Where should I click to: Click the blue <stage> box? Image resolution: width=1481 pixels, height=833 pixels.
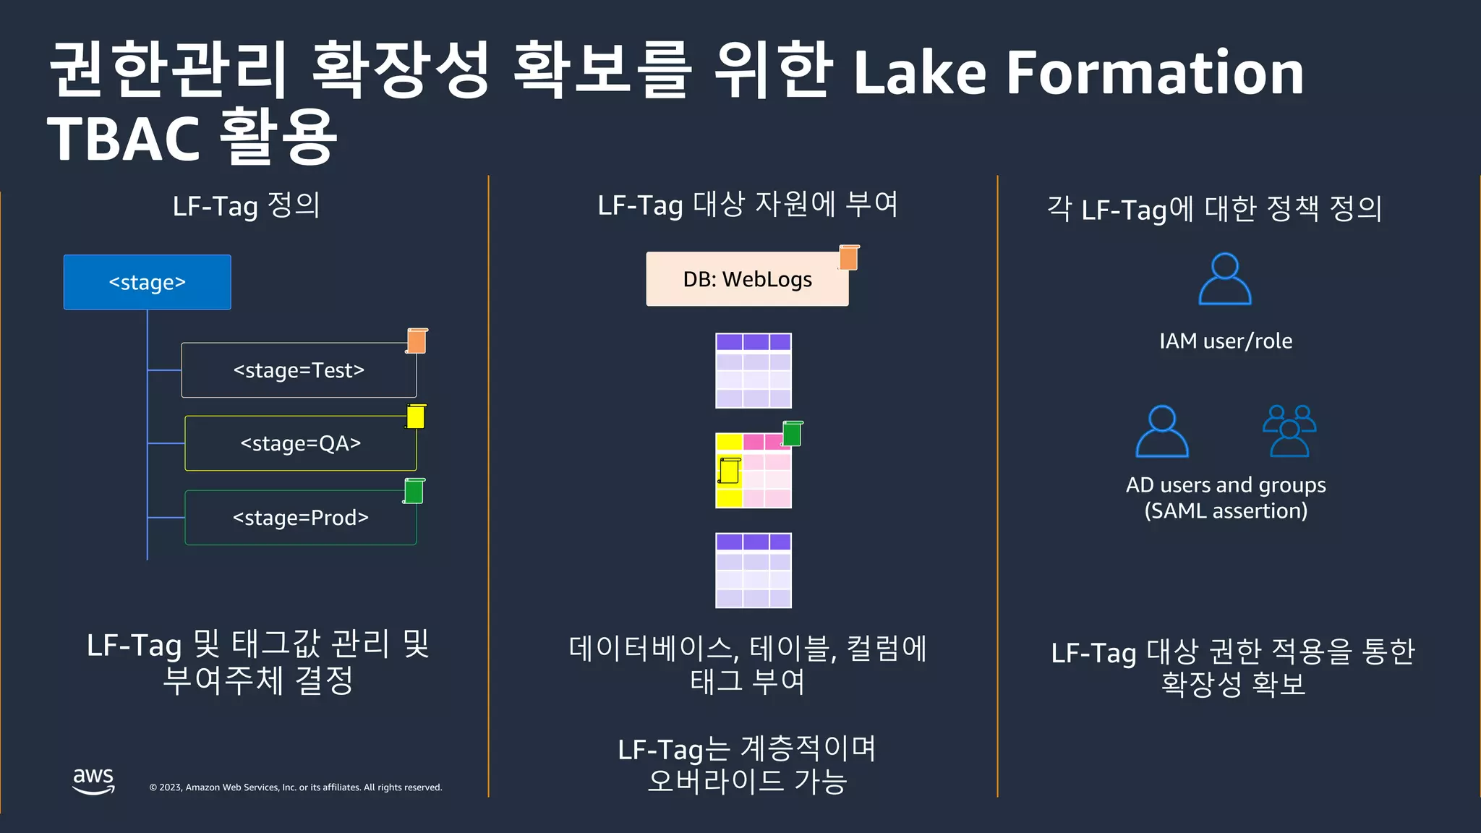147,282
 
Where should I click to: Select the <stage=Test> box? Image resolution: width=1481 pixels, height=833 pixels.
298,370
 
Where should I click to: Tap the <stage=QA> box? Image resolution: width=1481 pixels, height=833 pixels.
300,443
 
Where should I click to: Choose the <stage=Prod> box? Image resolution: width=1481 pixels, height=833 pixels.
300,518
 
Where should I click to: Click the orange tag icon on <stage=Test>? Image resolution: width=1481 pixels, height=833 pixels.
417,341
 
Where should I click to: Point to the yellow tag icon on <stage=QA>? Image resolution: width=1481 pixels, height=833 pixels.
416,416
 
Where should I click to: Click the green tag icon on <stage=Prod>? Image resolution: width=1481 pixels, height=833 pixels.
414,491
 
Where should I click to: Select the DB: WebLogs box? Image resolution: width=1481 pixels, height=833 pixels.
747,279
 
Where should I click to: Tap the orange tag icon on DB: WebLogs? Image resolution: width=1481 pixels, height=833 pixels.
849,257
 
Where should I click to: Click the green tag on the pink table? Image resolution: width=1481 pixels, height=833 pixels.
793,433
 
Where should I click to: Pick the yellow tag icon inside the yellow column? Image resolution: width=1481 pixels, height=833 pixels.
729,471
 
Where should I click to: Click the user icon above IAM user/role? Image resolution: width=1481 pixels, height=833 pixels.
1225,279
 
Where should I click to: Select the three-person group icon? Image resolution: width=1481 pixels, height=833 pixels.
1289,431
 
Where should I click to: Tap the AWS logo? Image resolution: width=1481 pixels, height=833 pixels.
93,781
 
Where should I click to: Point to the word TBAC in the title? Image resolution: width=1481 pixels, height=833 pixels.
123,138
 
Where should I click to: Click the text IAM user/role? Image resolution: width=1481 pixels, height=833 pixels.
1226,341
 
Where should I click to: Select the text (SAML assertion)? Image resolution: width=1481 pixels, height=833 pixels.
1226,511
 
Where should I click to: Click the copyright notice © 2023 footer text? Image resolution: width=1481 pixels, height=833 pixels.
295,787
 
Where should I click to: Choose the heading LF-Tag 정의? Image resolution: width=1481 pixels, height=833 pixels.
246,206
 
